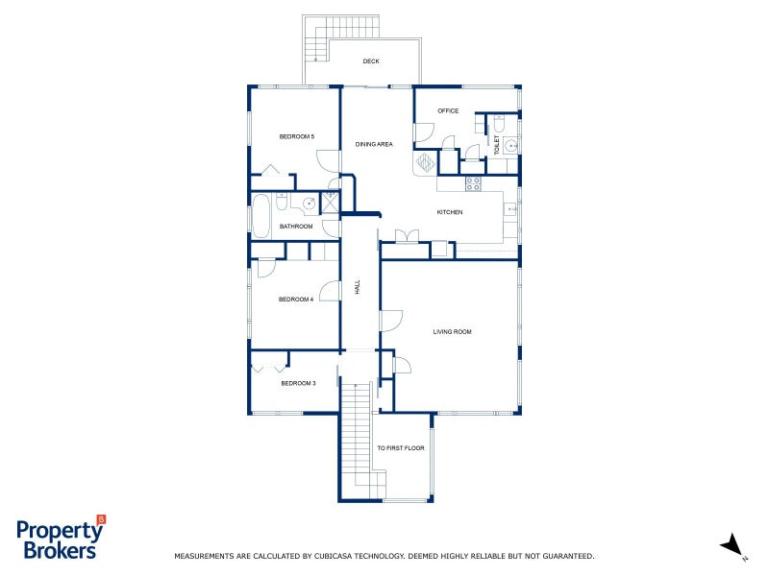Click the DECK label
click(x=371, y=61)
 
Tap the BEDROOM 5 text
click(x=297, y=136)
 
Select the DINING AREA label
click(x=374, y=144)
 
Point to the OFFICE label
click(x=448, y=110)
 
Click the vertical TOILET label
click(x=497, y=145)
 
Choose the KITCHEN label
click(x=450, y=212)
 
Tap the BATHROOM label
click(x=296, y=227)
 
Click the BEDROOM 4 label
click(x=296, y=300)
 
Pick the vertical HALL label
click(x=357, y=286)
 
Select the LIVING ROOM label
click(x=452, y=332)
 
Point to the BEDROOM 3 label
click(x=298, y=383)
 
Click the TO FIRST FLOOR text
click(x=400, y=448)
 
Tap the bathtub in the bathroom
click(x=261, y=216)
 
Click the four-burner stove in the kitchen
click(x=473, y=183)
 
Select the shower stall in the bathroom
click(x=330, y=202)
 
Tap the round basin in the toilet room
click(x=511, y=146)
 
